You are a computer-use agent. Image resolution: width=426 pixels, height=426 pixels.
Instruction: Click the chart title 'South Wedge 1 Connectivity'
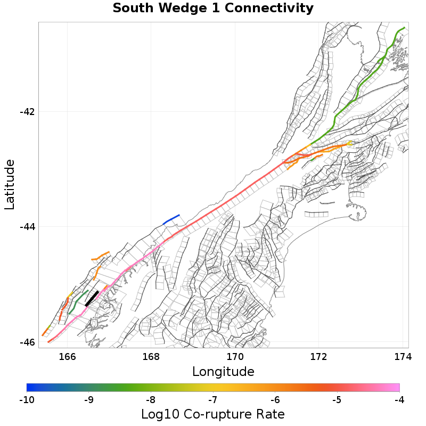click(x=213, y=9)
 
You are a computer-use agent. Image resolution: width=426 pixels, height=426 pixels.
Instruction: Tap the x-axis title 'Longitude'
click(x=223, y=371)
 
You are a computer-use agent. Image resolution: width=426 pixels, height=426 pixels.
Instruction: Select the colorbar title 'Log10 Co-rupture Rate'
click(x=213, y=414)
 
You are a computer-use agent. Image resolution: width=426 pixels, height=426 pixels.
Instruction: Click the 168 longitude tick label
click(x=151, y=356)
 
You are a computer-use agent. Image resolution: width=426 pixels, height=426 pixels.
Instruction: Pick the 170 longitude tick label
click(x=235, y=356)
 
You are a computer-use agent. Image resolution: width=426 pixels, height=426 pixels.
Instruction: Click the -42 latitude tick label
click(x=27, y=112)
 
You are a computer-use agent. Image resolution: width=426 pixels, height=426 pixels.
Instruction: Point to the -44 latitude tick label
click(x=27, y=227)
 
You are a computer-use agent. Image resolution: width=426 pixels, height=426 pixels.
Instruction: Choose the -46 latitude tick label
click(x=27, y=342)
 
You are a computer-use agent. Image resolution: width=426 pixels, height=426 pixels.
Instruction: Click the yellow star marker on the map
click(x=349, y=143)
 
